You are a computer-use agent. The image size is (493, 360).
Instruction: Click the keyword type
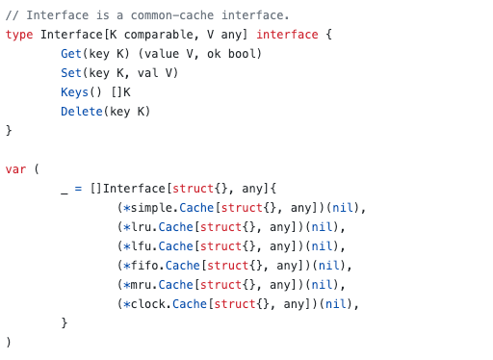pyautogui.click(x=19, y=35)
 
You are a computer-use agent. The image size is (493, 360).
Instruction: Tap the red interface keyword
pyautogui.click(x=286, y=35)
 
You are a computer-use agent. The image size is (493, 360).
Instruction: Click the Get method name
pyautogui.click(x=71, y=54)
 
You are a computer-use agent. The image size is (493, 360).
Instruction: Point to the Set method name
pyautogui.click(x=71, y=73)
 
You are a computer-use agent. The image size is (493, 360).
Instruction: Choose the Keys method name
pyautogui.click(x=75, y=92)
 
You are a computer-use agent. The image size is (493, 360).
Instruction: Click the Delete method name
pyautogui.click(x=82, y=112)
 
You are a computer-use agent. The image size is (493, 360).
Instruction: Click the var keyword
pyautogui.click(x=15, y=169)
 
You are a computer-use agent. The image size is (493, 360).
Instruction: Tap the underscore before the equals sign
pyautogui.click(x=65, y=189)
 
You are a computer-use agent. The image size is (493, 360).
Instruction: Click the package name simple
pyautogui.click(x=150, y=208)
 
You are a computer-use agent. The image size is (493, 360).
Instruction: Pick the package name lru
pyautogui.click(x=139, y=227)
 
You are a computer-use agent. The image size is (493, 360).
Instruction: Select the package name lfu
pyautogui.click(x=139, y=246)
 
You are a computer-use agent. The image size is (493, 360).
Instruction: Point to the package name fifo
pyautogui.click(x=143, y=266)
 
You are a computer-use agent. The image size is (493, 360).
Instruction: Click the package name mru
pyautogui.click(x=139, y=285)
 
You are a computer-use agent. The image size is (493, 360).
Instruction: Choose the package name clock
pyautogui.click(x=146, y=304)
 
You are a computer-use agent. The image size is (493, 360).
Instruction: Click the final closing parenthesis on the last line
pyautogui.click(x=9, y=343)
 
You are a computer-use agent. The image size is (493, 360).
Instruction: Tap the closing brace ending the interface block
pyautogui.click(x=9, y=131)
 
